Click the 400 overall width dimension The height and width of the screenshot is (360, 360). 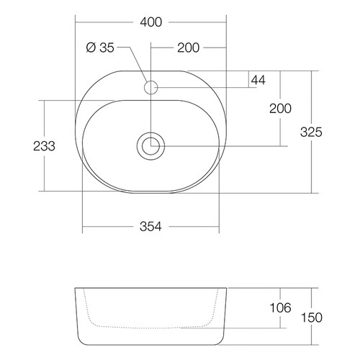[151, 22]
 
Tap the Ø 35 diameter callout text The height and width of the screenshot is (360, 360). [100, 48]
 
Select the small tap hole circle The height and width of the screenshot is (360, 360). [150, 87]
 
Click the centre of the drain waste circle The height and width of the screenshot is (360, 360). [150, 146]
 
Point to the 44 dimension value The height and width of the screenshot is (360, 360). [258, 80]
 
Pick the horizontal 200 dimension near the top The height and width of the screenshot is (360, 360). [188, 48]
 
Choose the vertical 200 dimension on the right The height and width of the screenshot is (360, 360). [280, 109]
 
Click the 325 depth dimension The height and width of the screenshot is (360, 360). [311, 132]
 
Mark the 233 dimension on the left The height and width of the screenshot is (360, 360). [44, 146]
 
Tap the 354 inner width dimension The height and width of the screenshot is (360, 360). [150, 226]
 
